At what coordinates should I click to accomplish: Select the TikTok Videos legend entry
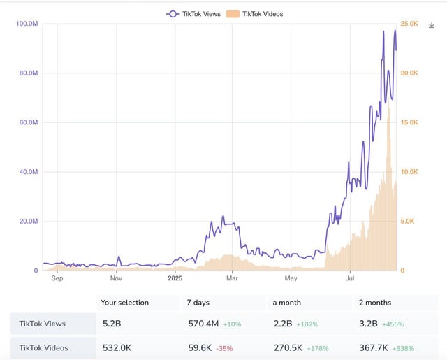[x=256, y=13]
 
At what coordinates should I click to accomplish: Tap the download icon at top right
[x=431, y=24]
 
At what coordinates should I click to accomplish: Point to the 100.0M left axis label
[x=27, y=24]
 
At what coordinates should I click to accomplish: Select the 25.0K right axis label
[x=408, y=24]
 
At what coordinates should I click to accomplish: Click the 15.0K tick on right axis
[x=408, y=122]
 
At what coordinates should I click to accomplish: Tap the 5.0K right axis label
[x=407, y=221]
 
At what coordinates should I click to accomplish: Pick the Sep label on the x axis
[x=57, y=278]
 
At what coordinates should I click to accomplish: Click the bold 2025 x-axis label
[x=175, y=278]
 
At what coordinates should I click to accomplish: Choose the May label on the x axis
[x=291, y=278]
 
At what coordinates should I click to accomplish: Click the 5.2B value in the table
[x=110, y=324]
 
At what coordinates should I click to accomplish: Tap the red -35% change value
[x=223, y=347]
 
